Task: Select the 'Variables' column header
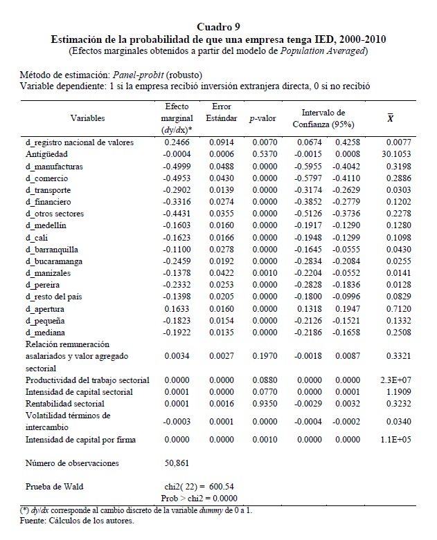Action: coord(87,118)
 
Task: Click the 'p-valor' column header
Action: coord(262,118)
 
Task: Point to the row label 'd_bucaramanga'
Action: coord(51,261)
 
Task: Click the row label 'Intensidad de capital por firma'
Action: coord(81,439)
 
